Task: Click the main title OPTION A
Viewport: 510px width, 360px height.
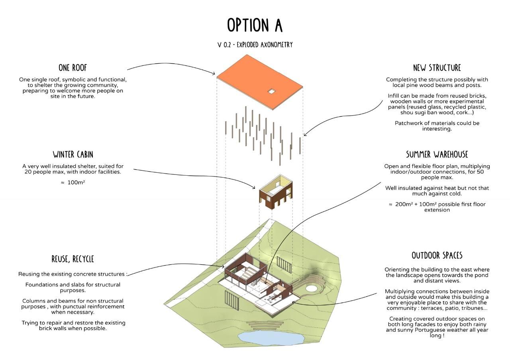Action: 255,25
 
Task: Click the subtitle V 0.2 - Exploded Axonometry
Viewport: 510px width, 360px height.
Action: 255,45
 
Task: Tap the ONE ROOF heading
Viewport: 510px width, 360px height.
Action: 73,68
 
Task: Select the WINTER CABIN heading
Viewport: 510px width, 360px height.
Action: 73,155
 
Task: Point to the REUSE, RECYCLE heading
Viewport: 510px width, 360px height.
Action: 73,259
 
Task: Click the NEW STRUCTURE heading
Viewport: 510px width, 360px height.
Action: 437,68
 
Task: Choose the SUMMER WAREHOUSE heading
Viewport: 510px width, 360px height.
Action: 437,155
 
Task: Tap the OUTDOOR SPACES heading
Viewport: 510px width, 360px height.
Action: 437,256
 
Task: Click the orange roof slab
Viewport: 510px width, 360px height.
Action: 259,82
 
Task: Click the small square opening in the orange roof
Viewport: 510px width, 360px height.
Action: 271,92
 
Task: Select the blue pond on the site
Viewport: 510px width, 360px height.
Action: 271,338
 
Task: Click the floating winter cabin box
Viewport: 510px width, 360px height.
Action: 276,192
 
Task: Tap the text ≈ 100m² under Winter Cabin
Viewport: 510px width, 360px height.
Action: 73,182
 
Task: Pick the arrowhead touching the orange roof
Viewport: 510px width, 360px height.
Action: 214,73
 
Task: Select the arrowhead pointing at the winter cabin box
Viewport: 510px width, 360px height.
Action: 254,187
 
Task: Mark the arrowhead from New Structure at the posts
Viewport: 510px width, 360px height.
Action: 305,135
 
